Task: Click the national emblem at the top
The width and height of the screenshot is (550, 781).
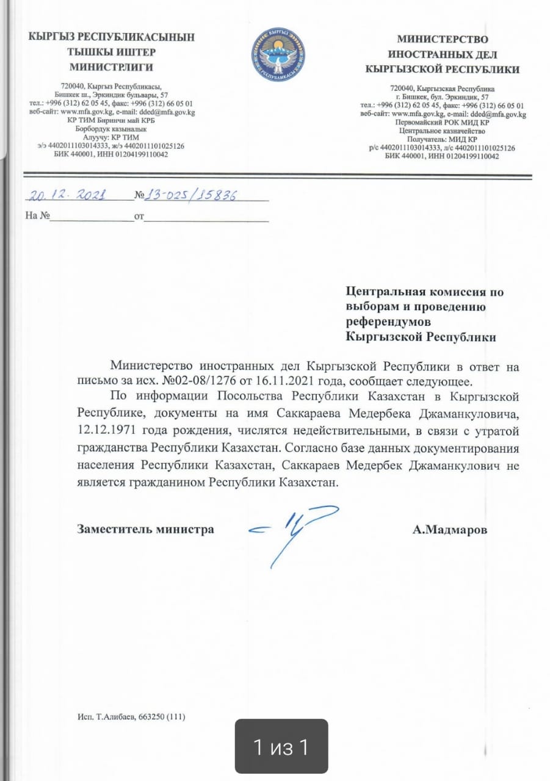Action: [x=279, y=54]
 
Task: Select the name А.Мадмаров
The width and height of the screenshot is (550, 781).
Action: [x=450, y=530]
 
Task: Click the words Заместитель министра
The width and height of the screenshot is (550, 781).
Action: [x=145, y=529]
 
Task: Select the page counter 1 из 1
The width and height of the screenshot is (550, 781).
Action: [x=281, y=747]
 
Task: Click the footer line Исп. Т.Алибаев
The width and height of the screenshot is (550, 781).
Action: [x=131, y=717]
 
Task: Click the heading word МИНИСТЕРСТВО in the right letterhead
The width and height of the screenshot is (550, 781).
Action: [x=443, y=40]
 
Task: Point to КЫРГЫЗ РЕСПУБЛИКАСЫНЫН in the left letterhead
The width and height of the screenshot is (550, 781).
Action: [x=112, y=37]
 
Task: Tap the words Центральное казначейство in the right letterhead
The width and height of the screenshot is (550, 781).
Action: [x=442, y=131]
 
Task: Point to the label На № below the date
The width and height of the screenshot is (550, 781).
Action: [x=37, y=216]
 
